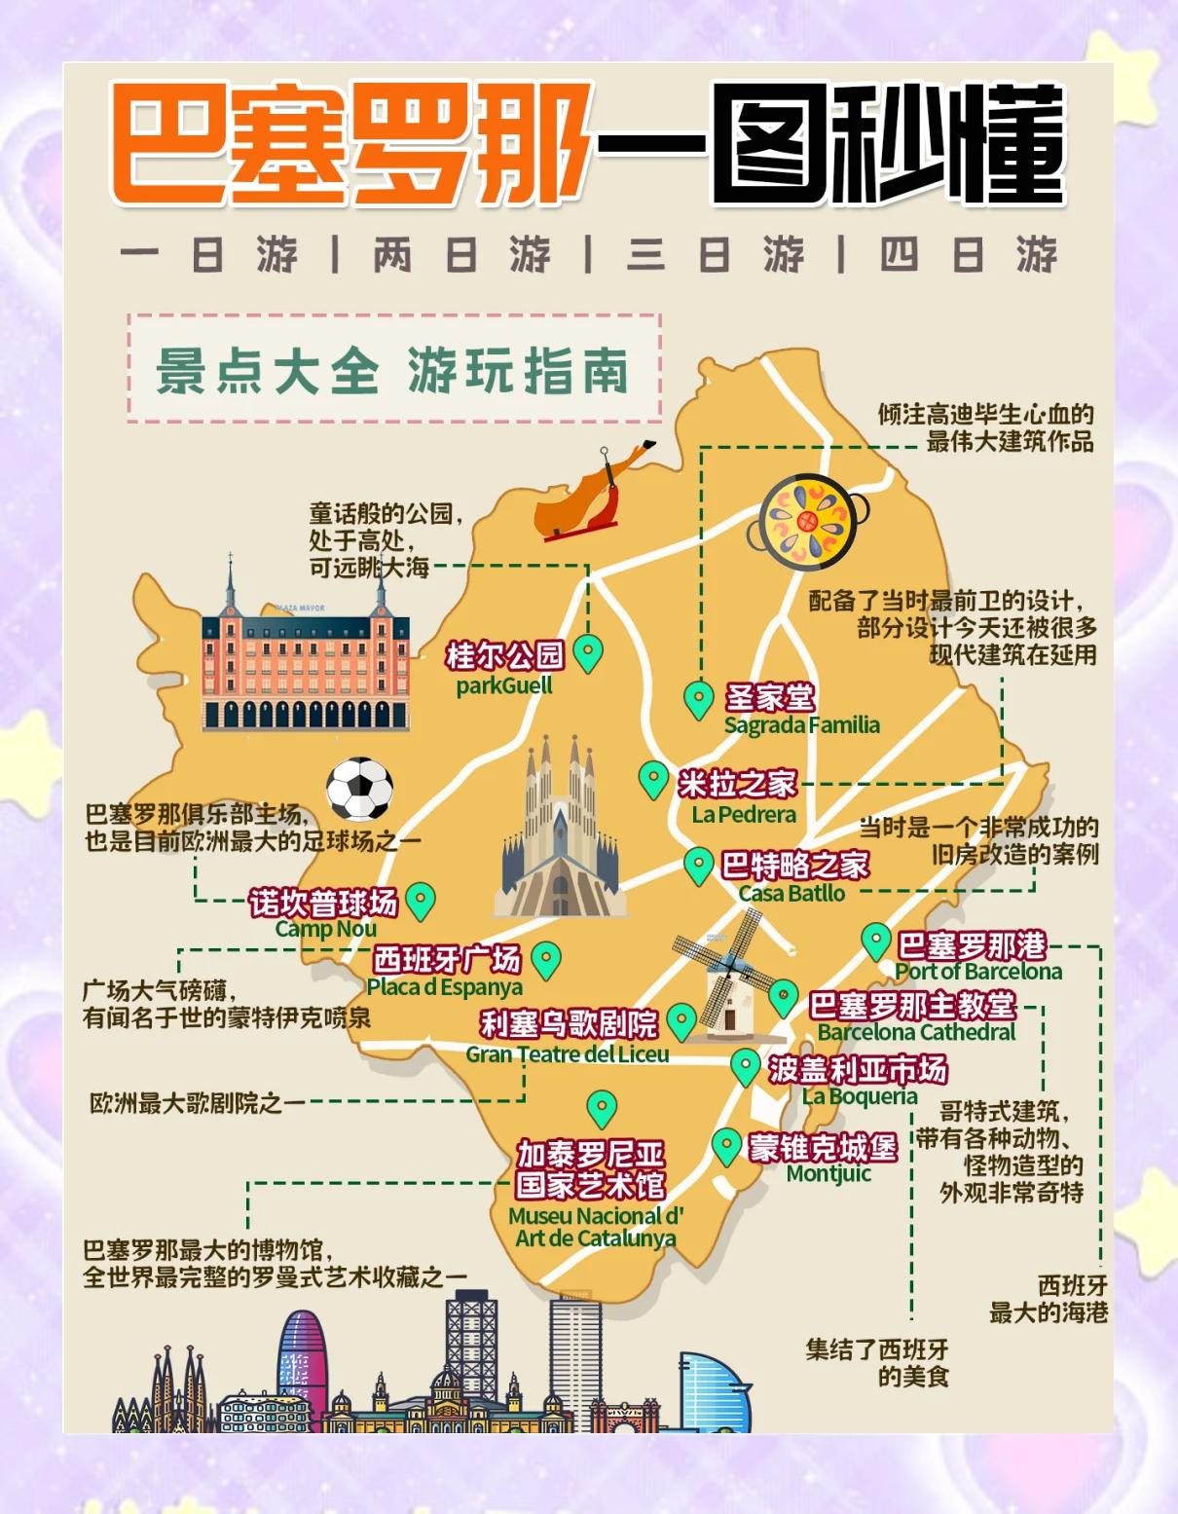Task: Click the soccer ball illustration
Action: click(359, 789)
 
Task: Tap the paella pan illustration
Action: click(807, 521)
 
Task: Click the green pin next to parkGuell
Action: click(588, 652)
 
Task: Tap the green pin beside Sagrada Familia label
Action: click(698, 699)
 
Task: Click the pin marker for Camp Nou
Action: click(420, 901)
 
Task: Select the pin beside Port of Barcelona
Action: click(875, 942)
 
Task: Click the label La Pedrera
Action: click(744, 815)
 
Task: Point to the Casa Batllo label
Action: click(791, 893)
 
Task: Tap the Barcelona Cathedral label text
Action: click(916, 1032)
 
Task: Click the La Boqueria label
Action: click(860, 1096)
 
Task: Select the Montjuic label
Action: click(828, 1174)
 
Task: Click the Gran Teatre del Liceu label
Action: click(567, 1054)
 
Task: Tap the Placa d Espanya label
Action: click(444, 987)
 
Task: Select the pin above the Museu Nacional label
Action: click(602, 1108)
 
